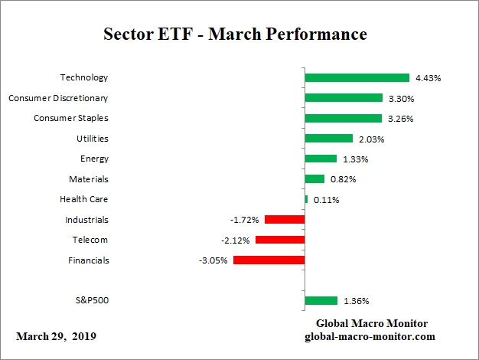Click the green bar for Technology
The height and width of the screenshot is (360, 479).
[357, 77]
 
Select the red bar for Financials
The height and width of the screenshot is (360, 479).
[269, 260]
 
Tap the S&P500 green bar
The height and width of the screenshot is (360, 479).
[321, 301]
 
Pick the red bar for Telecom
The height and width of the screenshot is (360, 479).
[280, 240]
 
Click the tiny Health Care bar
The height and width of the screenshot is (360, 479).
[306, 199]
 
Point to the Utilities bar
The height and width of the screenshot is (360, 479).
[328, 139]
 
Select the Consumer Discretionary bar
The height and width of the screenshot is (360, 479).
[344, 98]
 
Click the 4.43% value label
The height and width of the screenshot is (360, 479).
[428, 77]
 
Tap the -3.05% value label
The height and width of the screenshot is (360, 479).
[213, 260]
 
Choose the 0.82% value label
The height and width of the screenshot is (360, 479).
[342, 179]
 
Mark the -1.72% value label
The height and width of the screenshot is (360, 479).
[245, 220]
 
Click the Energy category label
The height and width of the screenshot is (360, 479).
[94, 159]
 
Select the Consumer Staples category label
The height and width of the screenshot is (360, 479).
[70, 118]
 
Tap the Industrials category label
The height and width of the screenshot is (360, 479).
[86, 220]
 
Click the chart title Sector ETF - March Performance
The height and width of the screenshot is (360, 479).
[235, 35]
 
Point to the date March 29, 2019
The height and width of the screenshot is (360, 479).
[56, 337]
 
